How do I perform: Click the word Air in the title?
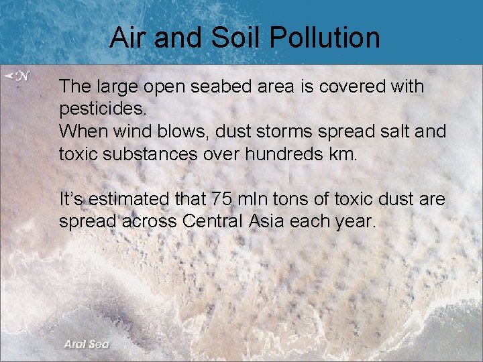tap(128, 38)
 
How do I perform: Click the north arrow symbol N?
tap(18, 76)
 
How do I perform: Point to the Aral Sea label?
tap(87, 344)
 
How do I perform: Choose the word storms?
tap(274, 131)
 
